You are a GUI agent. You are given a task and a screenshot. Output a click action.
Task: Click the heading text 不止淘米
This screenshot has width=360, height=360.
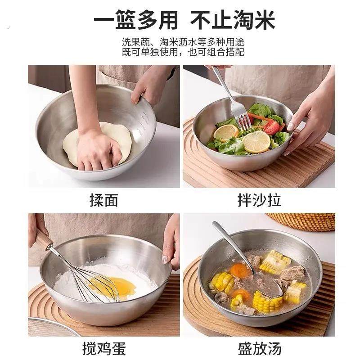(x=232, y=20)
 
